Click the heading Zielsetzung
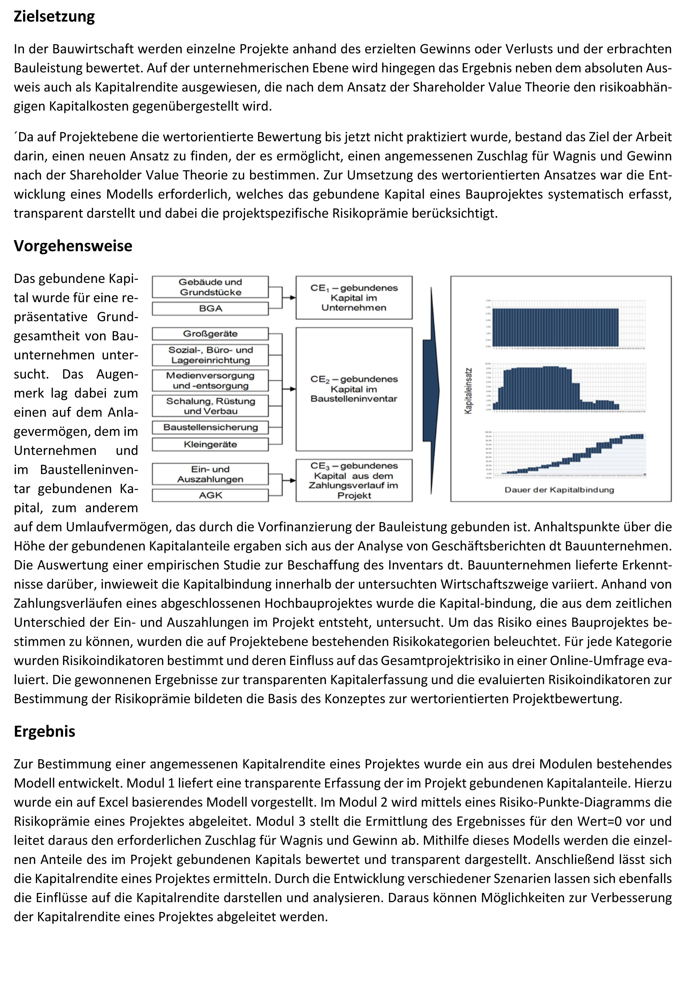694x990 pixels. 54,16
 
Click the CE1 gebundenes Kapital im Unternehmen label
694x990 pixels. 354,298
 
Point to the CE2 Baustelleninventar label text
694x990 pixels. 354,389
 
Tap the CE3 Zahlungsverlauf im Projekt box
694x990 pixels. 354,480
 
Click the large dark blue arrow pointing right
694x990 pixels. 431,390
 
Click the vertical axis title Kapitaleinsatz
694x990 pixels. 468,391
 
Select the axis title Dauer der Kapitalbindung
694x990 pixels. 559,490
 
